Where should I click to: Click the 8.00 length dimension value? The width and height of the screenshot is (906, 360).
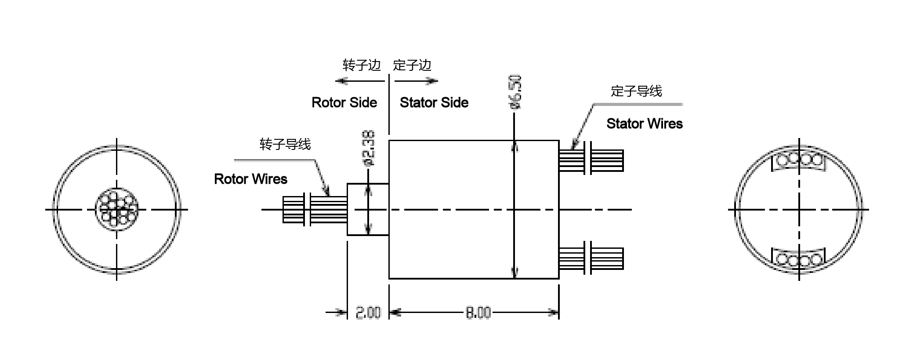pyautogui.click(x=478, y=313)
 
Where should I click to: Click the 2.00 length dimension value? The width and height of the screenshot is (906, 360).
pyautogui.click(x=368, y=313)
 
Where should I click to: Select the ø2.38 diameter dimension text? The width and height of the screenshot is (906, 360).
pyautogui.click(x=369, y=148)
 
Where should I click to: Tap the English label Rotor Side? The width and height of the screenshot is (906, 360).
pyautogui.click(x=344, y=103)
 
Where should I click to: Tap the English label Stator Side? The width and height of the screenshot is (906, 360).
pyautogui.click(x=434, y=103)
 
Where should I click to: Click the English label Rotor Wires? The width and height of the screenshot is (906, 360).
pyautogui.click(x=250, y=179)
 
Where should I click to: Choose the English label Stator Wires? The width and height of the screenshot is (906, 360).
pyautogui.click(x=644, y=124)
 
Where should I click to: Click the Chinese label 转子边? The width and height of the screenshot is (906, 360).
pyautogui.click(x=361, y=65)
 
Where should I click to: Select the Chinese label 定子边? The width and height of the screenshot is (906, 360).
pyautogui.click(x=412, y=65)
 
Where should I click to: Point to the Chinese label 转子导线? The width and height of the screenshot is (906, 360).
pyautogui.click(x=285, y=144)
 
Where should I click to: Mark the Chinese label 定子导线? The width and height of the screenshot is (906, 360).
pyautogui.click(x=636, y=91)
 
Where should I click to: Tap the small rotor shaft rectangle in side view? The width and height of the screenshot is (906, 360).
pyautogui.click(x=368, y=209)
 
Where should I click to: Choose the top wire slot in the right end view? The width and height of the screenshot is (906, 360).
pyautogui.click(x=799, y=160)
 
